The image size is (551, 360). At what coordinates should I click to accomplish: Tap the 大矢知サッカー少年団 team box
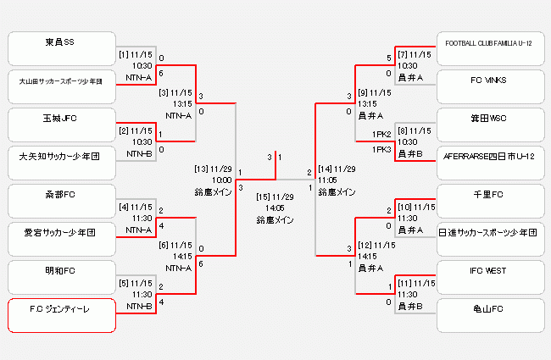click(60, 157)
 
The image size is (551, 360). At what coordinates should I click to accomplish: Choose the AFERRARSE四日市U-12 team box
click(489, 157)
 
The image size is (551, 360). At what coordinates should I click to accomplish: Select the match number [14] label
click(326, 169)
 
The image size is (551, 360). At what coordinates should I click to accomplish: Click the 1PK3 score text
click(381, 150)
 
